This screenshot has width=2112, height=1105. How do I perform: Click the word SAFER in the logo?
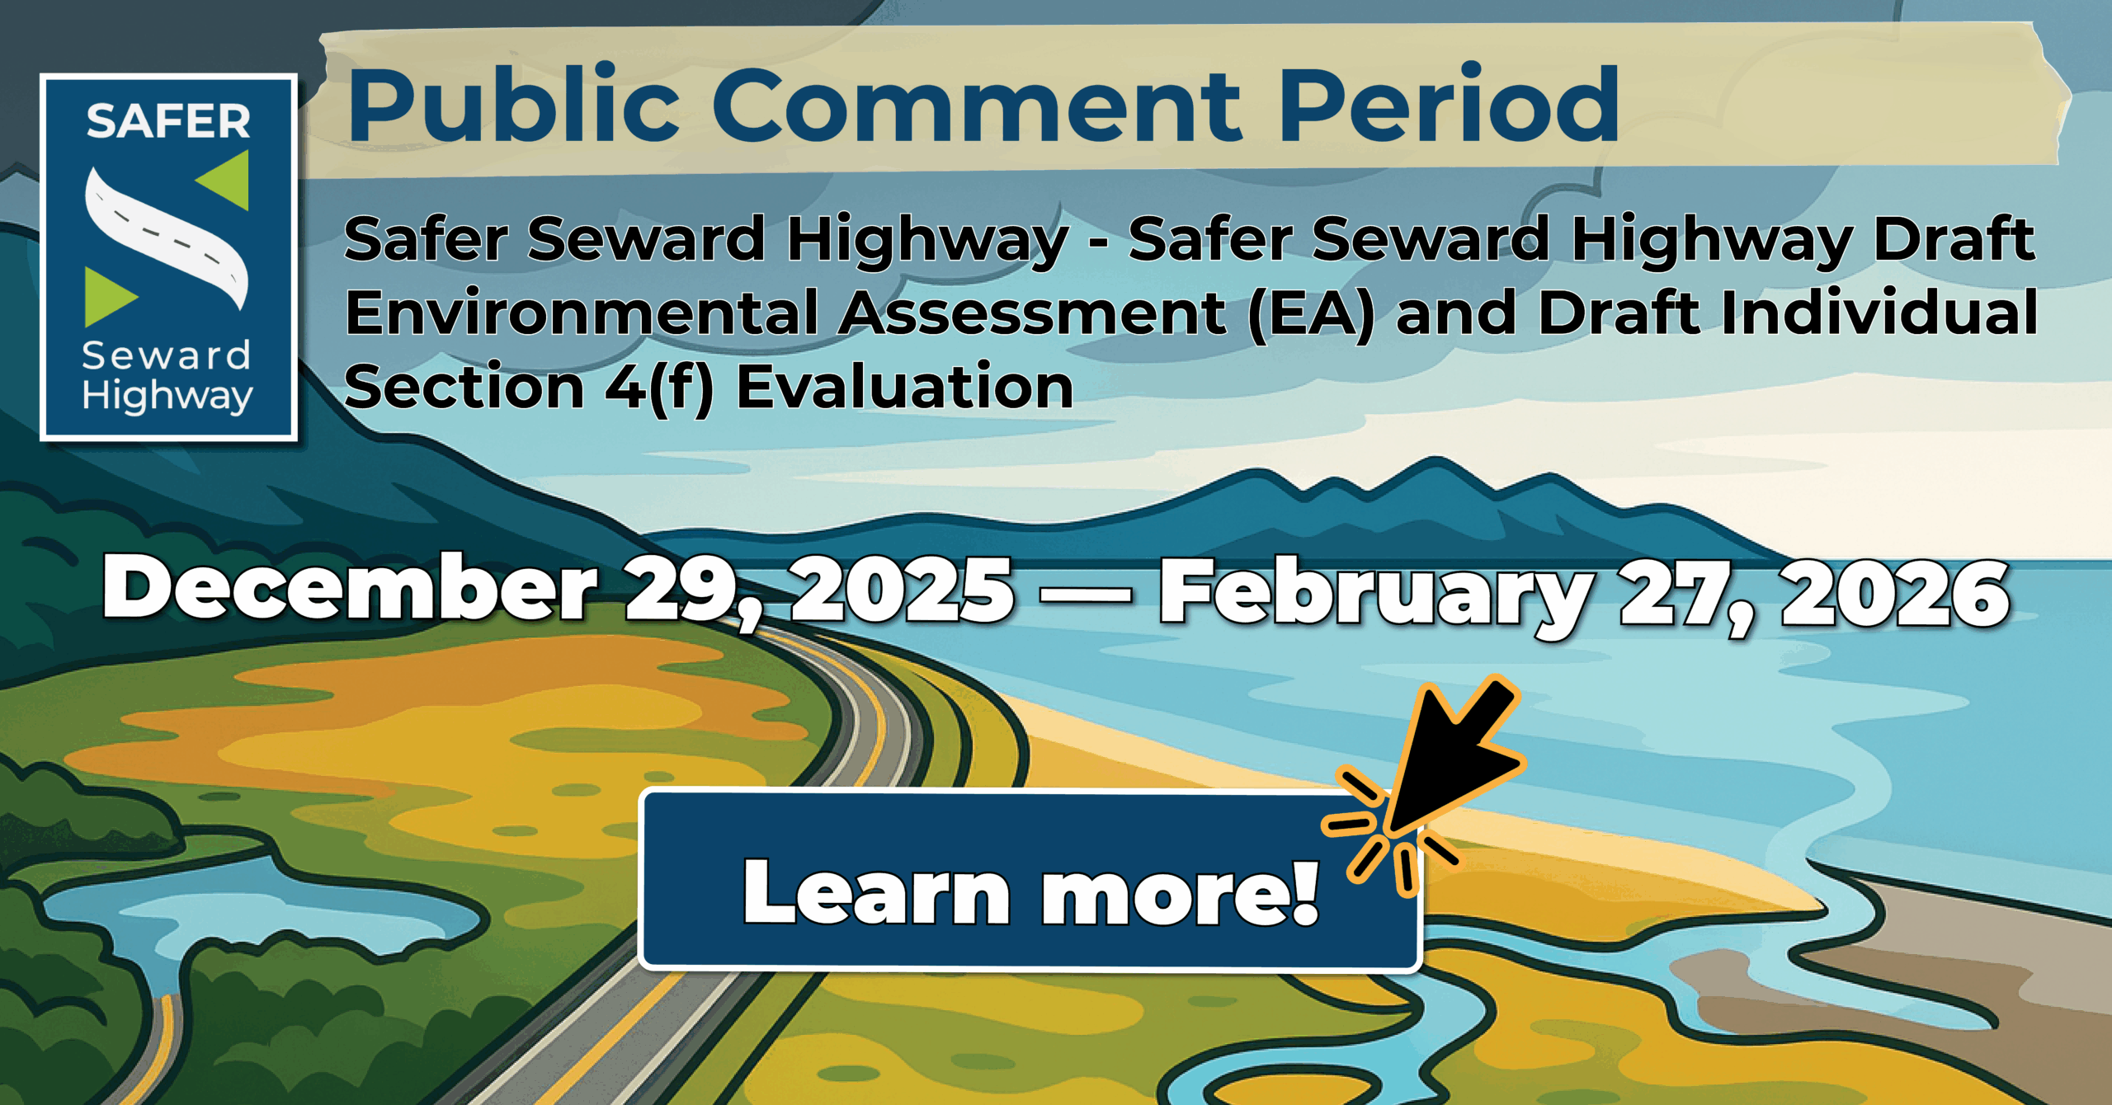168,121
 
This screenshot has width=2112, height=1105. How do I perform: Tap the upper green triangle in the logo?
227,180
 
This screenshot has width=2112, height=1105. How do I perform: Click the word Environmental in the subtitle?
582,313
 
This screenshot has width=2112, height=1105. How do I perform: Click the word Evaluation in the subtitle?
905,386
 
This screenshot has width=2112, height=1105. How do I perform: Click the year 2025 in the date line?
903,588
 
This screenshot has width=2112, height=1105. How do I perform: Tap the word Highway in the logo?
167,396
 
